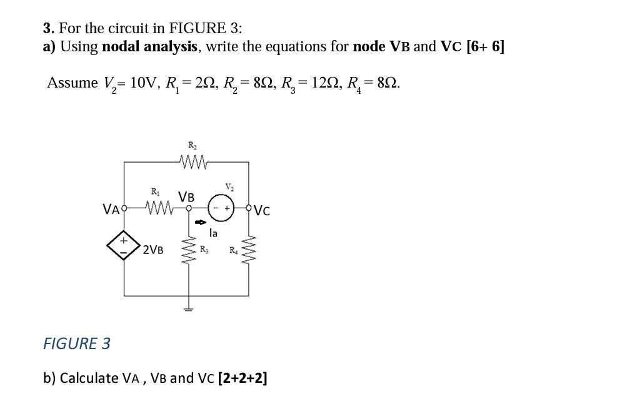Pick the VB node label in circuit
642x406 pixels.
click(186, 197)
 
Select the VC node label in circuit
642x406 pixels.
click(262, 211)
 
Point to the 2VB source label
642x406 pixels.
click(153, 250)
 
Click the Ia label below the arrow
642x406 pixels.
click(213, 233)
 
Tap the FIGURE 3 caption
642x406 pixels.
click(76, 343)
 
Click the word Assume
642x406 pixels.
click(73, 83)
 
